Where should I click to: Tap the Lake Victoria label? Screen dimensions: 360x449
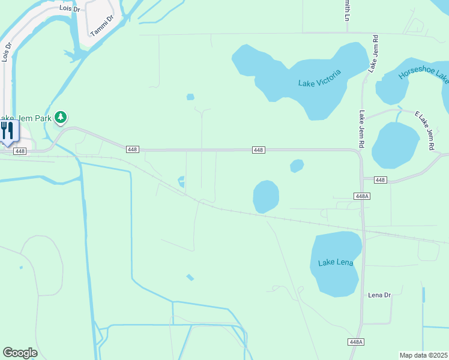(x=319, y=78)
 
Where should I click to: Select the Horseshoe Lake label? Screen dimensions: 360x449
(x=424, y=76)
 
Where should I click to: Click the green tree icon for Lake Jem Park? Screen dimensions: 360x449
(x=61, y=116)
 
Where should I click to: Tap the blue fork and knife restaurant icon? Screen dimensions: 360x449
(x=7, y=131)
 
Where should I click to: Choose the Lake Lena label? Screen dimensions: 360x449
(x=336, y=262)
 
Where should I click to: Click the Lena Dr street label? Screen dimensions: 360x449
(x=379, y=295)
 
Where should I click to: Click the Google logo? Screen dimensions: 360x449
(x=20, y=353)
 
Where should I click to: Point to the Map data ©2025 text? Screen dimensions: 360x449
(x=424, y=355)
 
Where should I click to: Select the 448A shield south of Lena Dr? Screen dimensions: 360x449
(x=356, y=341)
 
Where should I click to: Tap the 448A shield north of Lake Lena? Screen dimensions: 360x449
(x=362, y=196)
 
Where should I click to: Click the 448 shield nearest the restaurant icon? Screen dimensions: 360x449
(x=20, y=151)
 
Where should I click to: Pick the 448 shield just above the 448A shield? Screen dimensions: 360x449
(x=380, y=180)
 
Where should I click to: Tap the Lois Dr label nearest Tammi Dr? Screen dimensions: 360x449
(x=70, y=9)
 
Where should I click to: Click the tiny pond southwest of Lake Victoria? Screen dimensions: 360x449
(x=190, y=97)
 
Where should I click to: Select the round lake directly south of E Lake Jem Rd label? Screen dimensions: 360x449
(x=396, y=145)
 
